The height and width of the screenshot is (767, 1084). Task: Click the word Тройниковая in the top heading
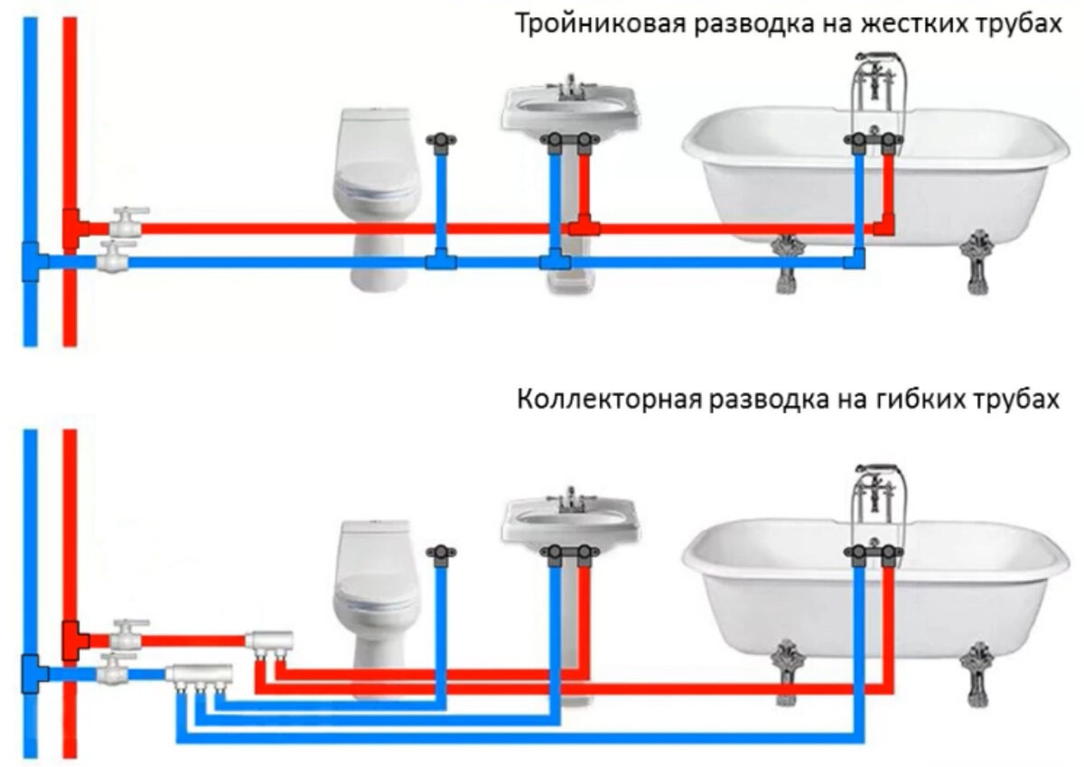[x=601, y=23]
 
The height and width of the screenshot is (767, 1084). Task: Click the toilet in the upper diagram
[x=375, y=199]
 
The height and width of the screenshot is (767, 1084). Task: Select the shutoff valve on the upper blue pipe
[x=114, y=257]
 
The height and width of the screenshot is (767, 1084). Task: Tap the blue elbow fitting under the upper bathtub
[x=855, y=259]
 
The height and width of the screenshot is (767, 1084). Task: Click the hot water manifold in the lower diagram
[x=269, y=641]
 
